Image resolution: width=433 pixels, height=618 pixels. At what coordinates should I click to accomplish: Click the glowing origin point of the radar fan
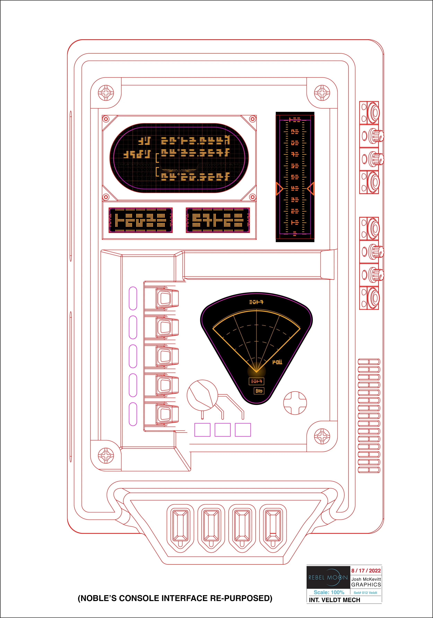tap(256, 371)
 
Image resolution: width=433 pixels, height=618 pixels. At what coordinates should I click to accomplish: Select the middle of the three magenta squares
tap(222, 430)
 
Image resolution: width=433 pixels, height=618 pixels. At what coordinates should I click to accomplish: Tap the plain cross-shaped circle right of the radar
tap(295, 403)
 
